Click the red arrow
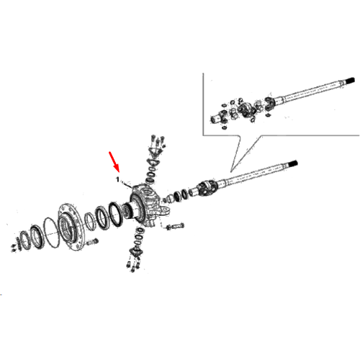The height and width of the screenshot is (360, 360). [114, 161]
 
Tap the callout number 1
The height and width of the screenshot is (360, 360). [117, 179]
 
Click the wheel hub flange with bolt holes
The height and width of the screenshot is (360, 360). [71, 227]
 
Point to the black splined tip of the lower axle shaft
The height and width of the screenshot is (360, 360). [292, 164]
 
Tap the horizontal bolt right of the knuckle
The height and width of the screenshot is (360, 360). [175, 226]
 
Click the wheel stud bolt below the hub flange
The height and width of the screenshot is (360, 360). [93, 242]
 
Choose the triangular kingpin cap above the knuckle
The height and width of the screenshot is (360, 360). [156, 152]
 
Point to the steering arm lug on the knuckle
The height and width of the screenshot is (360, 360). [165, 211]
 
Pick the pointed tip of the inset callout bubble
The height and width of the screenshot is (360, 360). [230, 172]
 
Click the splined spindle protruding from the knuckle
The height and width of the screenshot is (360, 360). [127, 210]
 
